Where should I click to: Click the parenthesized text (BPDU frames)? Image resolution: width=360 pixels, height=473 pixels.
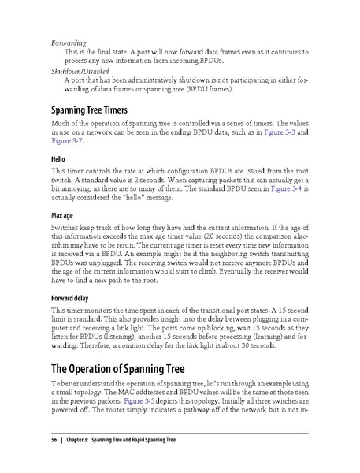click(x=217, y=88)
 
